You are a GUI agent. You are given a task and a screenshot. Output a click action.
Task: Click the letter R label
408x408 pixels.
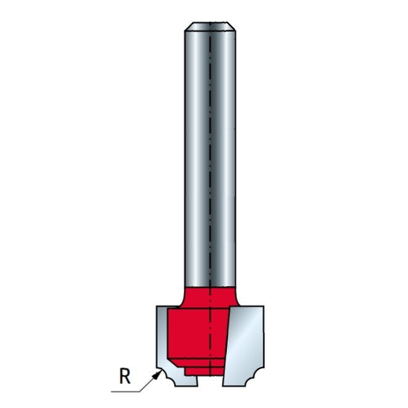point(125,376)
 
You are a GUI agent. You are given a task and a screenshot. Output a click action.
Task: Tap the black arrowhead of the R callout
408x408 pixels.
point(157,375)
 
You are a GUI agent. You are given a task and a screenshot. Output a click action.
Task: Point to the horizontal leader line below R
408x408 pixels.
point(125,391)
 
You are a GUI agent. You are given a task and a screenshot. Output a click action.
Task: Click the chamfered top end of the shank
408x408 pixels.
point(210,27)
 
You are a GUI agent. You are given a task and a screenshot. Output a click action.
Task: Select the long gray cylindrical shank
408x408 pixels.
point(210,156)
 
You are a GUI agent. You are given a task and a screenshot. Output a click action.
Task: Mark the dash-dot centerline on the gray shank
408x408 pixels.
point(210,156)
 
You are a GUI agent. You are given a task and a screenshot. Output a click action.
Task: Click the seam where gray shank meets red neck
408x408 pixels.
point(210,287)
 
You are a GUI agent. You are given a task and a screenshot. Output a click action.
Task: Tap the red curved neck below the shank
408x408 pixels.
point(210,297)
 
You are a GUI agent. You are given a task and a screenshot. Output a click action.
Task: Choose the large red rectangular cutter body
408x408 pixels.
point(198,334)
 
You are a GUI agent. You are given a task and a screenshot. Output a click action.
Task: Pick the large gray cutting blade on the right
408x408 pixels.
point(244,346)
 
